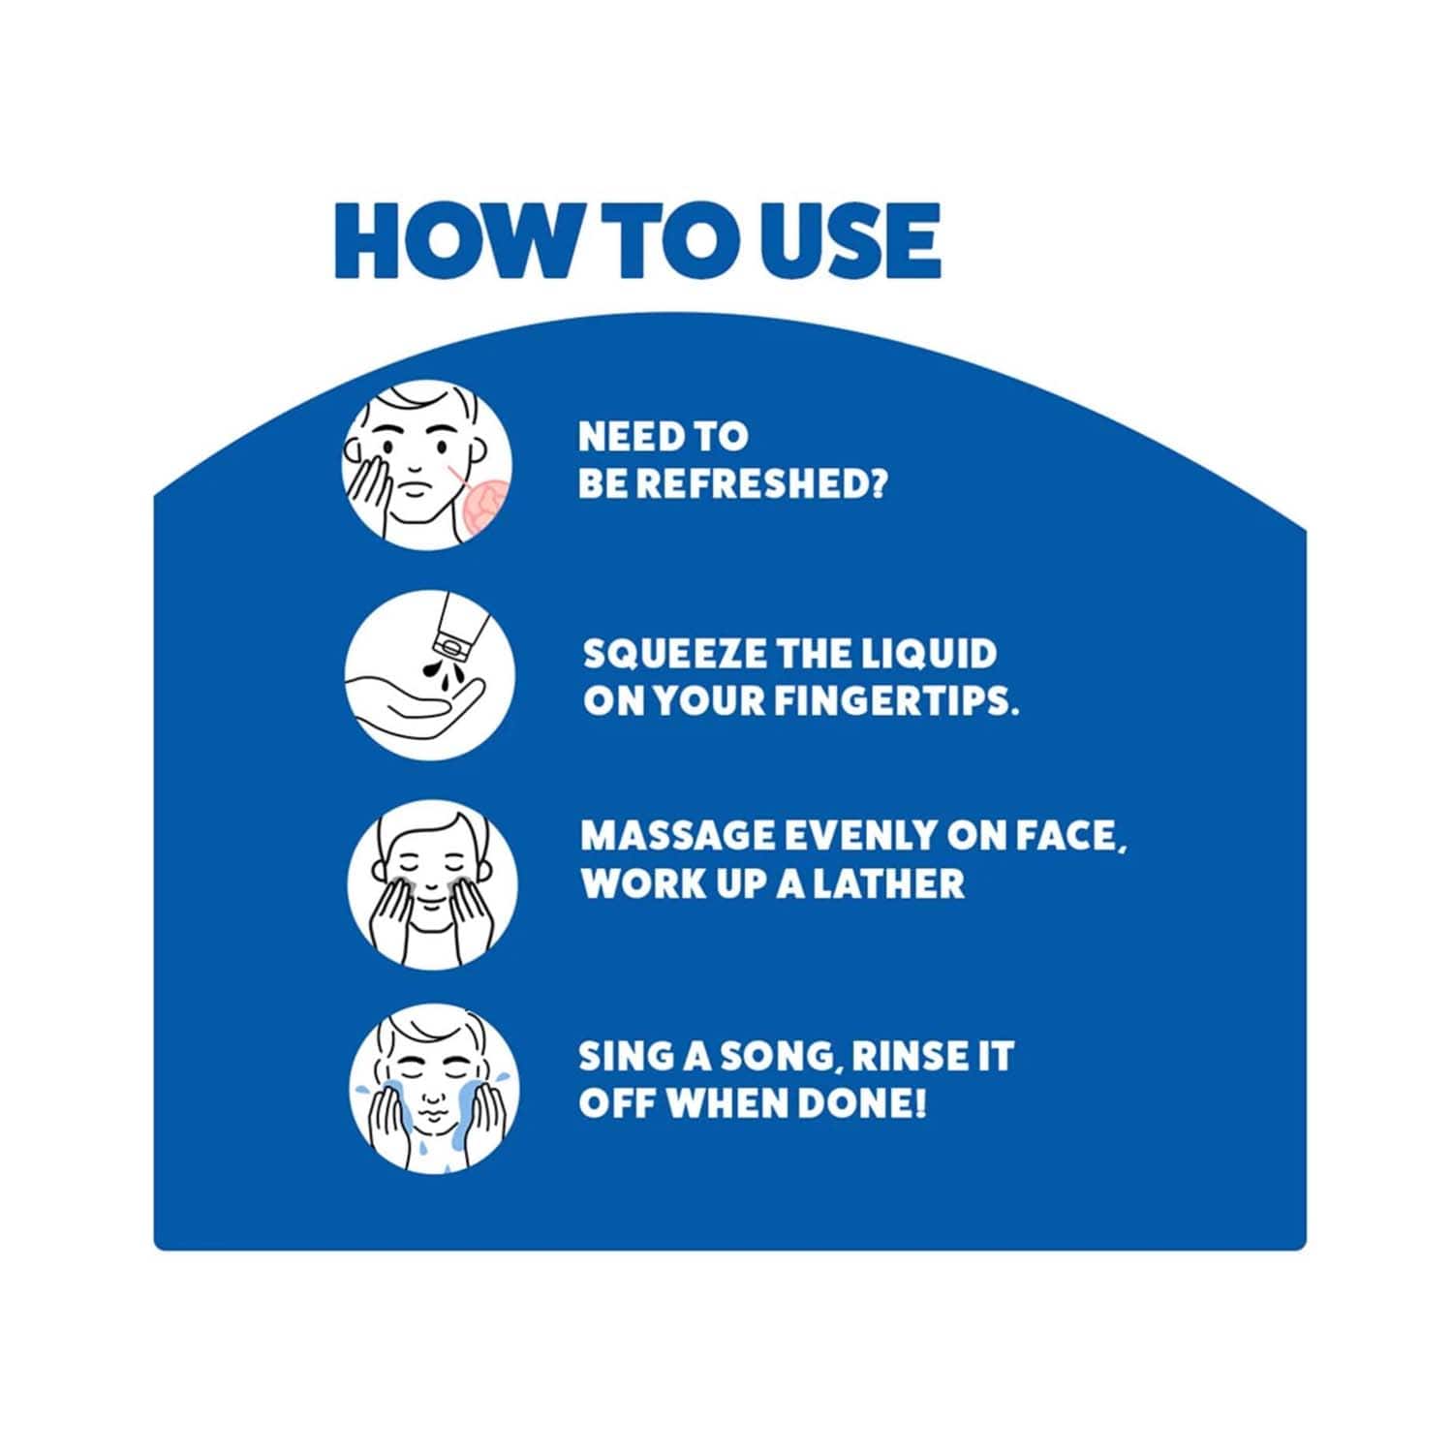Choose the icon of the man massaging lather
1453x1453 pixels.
tap(432, 884)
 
